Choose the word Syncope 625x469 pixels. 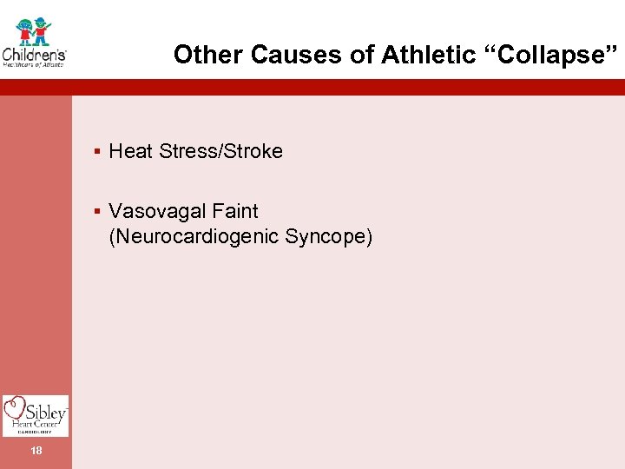coord(330,235)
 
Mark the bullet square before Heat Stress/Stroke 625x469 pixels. coord(98,152)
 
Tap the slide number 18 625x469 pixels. coord(36,451)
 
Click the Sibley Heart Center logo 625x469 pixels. coord(36,415)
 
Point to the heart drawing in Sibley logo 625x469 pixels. coord(15,409)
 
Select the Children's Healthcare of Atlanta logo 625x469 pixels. coord(35,43)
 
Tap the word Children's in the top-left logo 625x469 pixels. coord(35,53)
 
